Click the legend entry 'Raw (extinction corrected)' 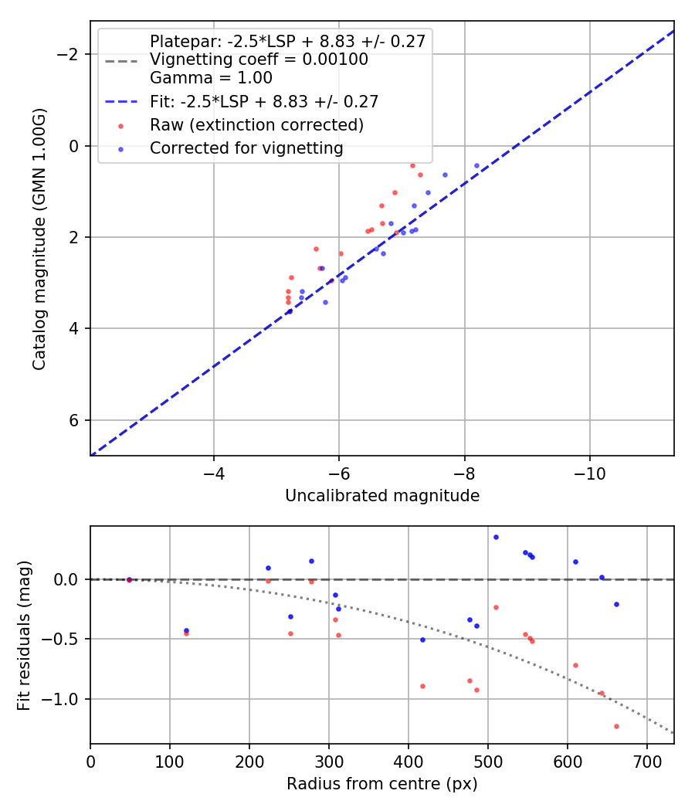coord(256,125)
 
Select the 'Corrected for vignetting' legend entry coord(246,148)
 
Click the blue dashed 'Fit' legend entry coord(263,101)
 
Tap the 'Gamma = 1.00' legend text coord(211,78)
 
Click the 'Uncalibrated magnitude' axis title coord(382,496)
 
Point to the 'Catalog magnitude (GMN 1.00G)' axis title coord(39,238)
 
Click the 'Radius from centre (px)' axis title coord(382,784)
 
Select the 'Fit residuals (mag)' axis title coord(24,635)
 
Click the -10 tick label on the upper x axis coord(589,473)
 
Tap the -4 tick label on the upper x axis coord(214,473)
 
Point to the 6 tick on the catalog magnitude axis coord(74,420)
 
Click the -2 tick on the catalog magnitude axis coord(69,54)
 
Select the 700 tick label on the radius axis coord(646,762)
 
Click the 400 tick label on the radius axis coord(408,762)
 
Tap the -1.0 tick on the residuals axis coord(65,699)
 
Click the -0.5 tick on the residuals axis coord(65,639)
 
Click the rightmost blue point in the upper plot coord(476,165)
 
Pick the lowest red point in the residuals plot coord(616,726)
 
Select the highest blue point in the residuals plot coord(496,537)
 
